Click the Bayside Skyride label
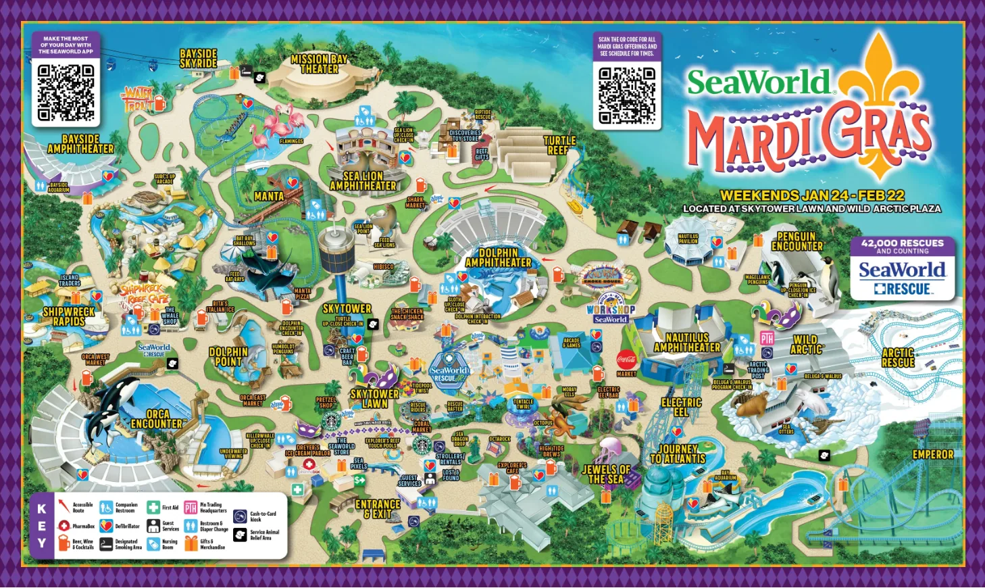point(199,59)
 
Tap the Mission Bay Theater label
point(319,64)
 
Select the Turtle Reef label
point(559,145)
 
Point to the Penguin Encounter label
point(797,241)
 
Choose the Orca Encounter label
point(157,419)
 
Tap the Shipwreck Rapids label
point(69,316)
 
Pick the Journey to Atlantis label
point(678,454)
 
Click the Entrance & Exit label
point(378,509)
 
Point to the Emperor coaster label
point(933,455)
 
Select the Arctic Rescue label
point(898,358)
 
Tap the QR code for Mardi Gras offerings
point(627,95)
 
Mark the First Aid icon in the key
point(153,508)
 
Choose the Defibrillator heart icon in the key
point(106,526)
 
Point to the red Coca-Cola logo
point(626,360)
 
